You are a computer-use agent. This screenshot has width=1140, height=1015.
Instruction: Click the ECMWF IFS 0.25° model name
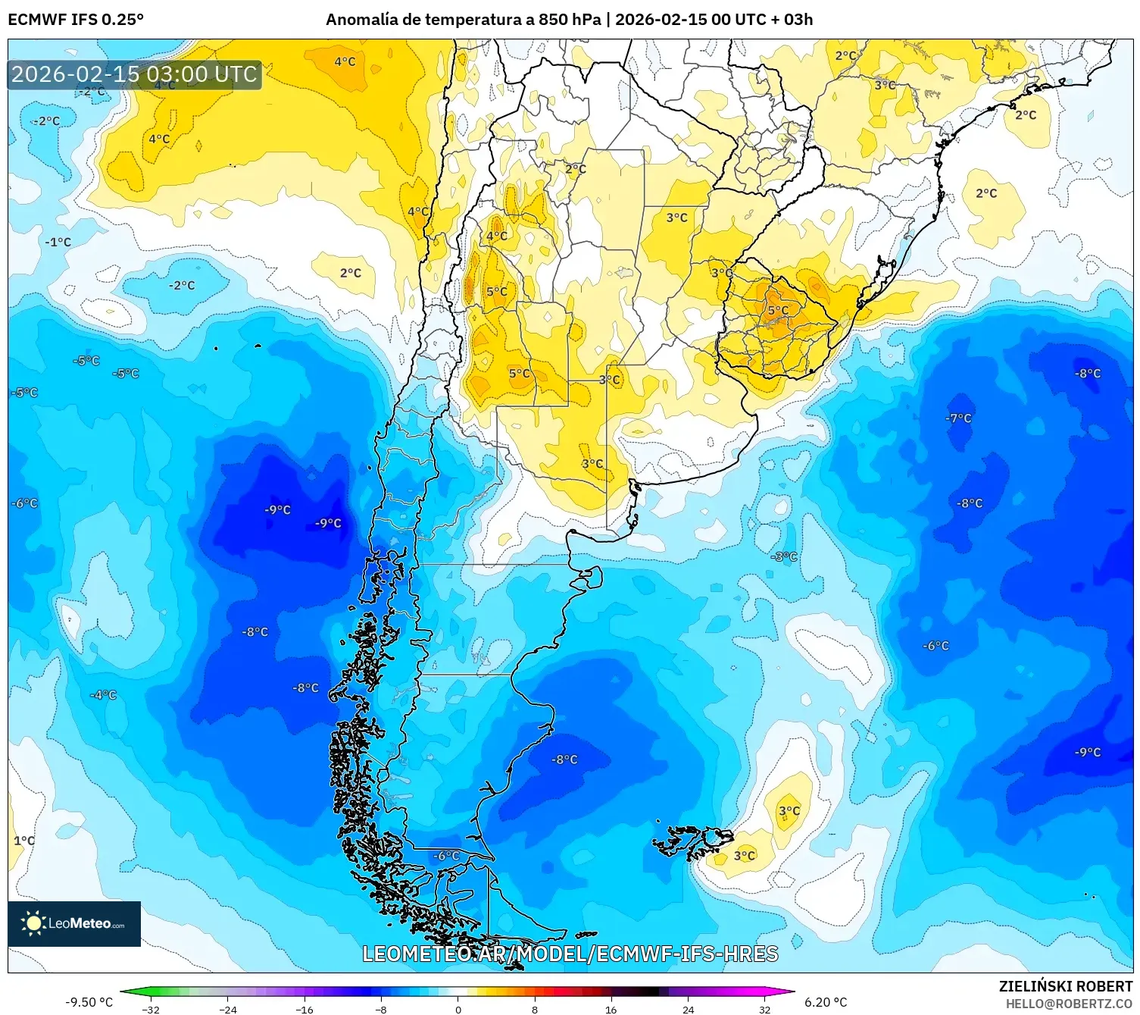click(76, 20)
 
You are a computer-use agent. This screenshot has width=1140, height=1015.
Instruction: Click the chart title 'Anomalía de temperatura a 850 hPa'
click(464, 20)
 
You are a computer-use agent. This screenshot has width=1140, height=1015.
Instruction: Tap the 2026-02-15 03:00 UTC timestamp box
click(135, 74)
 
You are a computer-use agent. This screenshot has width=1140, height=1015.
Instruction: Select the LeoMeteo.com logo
click(74, 923)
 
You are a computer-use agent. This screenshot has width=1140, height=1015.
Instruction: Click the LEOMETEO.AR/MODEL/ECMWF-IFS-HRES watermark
click(570, 954)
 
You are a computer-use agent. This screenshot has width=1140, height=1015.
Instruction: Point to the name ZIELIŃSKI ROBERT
click(1065, 986)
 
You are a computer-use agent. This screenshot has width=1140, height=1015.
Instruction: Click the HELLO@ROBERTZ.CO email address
click(1068, 1003)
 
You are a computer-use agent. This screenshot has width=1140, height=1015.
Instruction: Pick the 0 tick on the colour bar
click(458, 1009)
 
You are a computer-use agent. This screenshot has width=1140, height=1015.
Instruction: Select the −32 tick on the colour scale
click(151, 1009)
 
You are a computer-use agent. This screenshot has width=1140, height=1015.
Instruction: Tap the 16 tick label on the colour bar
click(611, 1009)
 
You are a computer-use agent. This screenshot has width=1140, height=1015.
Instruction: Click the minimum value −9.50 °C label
click(89, 1002)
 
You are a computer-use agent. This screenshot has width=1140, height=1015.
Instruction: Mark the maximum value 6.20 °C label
click(826, 1002)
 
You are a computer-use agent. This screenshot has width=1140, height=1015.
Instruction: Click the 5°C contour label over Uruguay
click(778, 311)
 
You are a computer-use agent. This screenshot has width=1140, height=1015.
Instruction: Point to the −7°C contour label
click(958, 418)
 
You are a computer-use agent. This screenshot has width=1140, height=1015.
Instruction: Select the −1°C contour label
click(58, 243)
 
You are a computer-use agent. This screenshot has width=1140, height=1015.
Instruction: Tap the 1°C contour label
click(24, 841)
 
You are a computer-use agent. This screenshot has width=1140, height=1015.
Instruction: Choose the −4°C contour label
click(103, 695)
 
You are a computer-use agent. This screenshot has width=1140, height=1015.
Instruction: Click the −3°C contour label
click(784, 556)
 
